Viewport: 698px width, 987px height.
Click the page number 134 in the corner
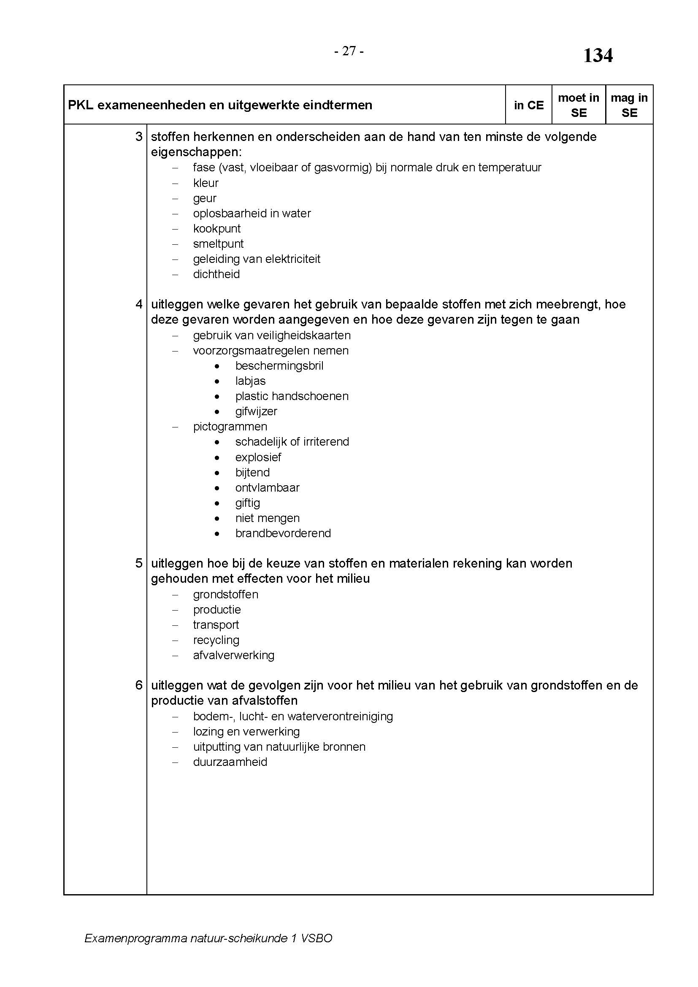click(598, 55)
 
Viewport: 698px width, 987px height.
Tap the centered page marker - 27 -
click(349, 51)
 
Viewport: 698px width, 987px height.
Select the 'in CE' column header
click(529, 105)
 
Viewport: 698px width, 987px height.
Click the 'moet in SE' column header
click(579, 105)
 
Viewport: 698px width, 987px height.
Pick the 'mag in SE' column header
click(629, 105)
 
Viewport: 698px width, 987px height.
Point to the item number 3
click(139, 137)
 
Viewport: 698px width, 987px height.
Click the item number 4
click(139, 304)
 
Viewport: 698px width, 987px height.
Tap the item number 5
click(139, 563)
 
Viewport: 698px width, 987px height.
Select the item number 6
click(139, 685)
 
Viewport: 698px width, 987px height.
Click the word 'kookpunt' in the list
click(216, 229)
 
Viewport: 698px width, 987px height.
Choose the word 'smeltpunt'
click(218, 244)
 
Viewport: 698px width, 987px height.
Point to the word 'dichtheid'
click(216, 274)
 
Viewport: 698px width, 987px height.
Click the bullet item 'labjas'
click(251, 381)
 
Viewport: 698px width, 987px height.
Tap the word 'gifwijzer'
click(256, 411)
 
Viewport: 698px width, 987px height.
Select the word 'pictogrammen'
click(230, 427)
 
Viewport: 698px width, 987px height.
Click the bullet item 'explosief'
click(258, 457)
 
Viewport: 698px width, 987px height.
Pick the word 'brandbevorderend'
click(283, 533)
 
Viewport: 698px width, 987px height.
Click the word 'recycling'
click(216, 640)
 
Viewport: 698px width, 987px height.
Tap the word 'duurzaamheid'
click(230, 762)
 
